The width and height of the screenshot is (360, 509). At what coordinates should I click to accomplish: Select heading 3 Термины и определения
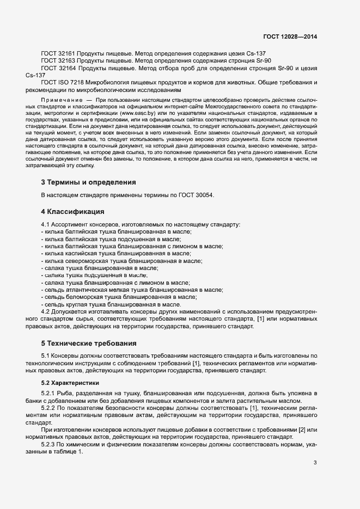pyautogui.click(x=88, y=182)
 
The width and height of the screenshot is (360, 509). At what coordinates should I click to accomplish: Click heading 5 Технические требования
pyautogui.click(x=89, y=344)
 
